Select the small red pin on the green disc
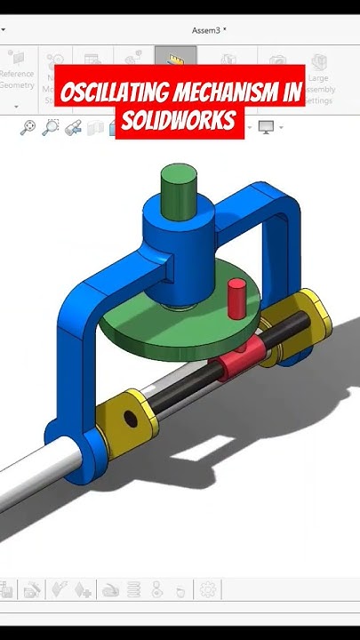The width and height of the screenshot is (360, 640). pyautogui.click(x=236, y=299)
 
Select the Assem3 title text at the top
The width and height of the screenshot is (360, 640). pyautogui.click(x=209, y=29)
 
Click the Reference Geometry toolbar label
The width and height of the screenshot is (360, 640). pyautogui.click(x=16, y=80)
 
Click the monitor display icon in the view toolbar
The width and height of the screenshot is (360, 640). pyautogui.click(x=266, y=127)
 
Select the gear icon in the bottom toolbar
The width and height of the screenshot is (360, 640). pyautogui.click(x=207, y=588)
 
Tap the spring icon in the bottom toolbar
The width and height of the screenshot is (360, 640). pyautogui.click(x=134, y=588)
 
